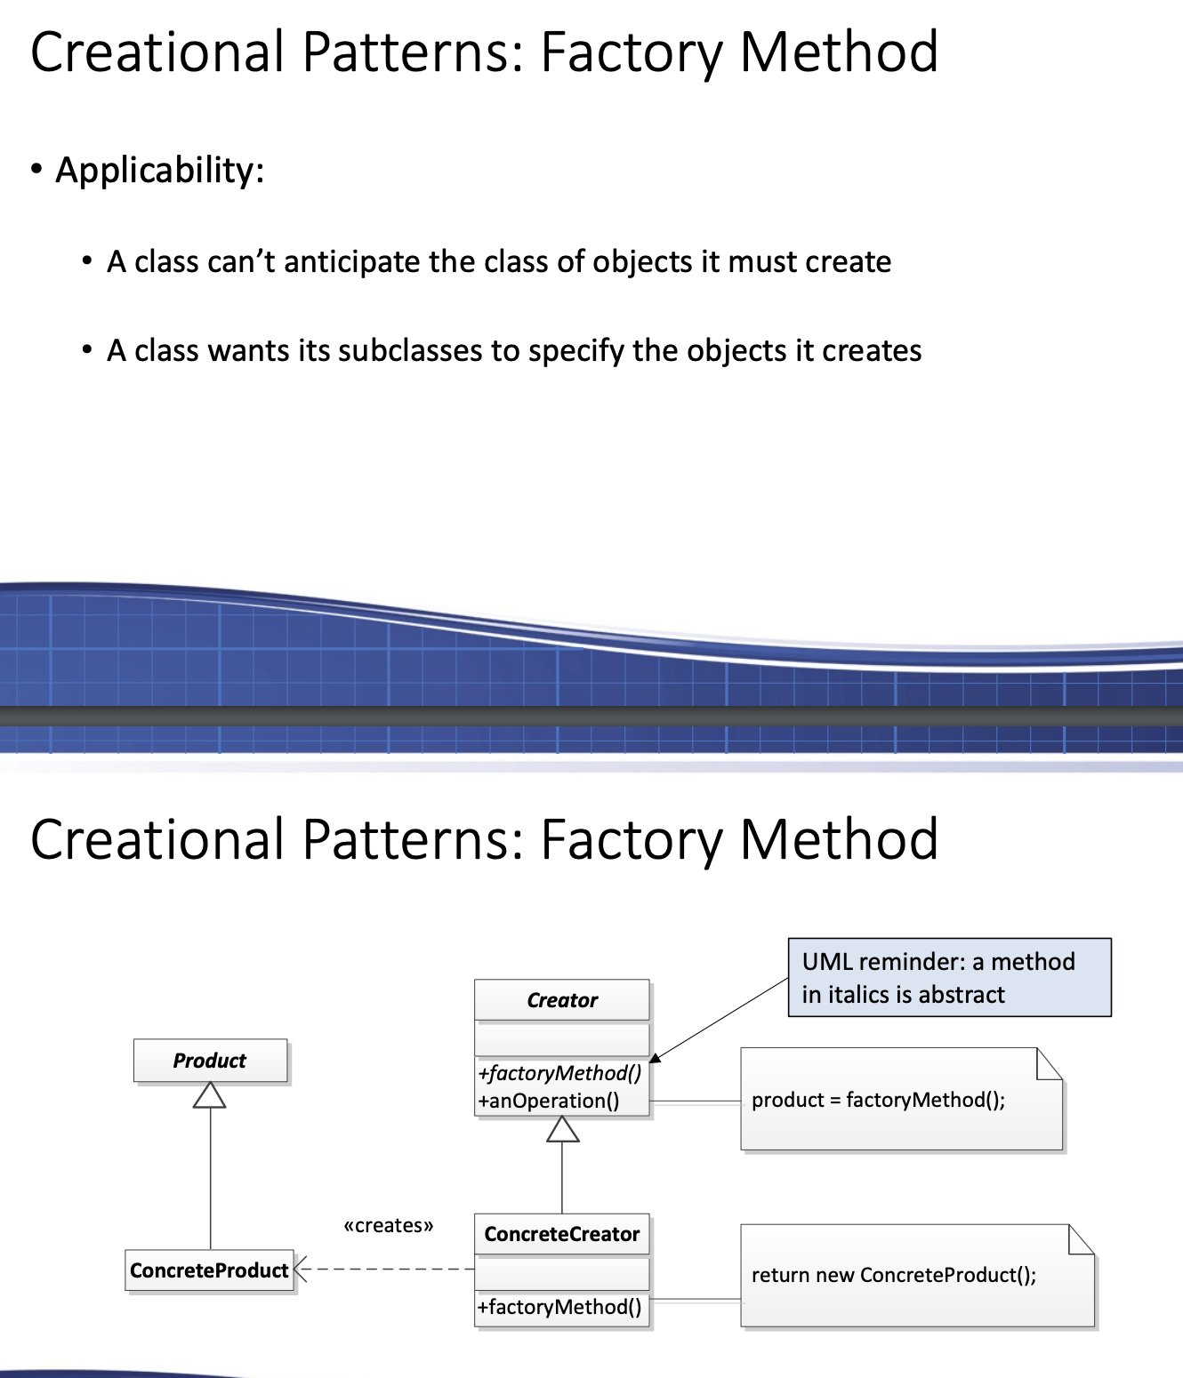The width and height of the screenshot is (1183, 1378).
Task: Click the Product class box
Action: pos(210,1061)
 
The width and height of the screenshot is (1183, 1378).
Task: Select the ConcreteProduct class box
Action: pos(210,1270)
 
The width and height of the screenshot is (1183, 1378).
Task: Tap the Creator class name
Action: pos(562,1000)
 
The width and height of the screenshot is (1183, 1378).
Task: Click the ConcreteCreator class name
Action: pos(562,1234)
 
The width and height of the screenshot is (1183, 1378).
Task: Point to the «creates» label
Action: pos(389,1226)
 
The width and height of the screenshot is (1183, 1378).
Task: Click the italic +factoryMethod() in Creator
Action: pos(559,1073)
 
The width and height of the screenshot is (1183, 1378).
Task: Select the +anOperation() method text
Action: pos(549,1101)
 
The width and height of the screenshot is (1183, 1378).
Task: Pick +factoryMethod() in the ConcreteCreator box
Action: pos(559,1307)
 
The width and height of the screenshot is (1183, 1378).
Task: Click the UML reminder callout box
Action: pos(949,977)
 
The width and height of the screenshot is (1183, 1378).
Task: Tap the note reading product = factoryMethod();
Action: pos(901,1100)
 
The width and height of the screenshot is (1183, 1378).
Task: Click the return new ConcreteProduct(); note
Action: pos(916,1275)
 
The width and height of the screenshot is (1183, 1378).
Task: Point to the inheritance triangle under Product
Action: pos(210,1096)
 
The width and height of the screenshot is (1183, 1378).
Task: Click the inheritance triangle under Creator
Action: pos(562,1130)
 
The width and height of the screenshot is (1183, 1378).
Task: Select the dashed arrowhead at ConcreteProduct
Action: pos(301,1270)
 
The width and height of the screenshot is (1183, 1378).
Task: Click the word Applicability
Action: pos(160,170)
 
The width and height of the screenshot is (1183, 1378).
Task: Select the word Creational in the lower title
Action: pos(157,839)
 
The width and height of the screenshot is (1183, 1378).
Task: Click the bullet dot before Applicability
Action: pos(36,169)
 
